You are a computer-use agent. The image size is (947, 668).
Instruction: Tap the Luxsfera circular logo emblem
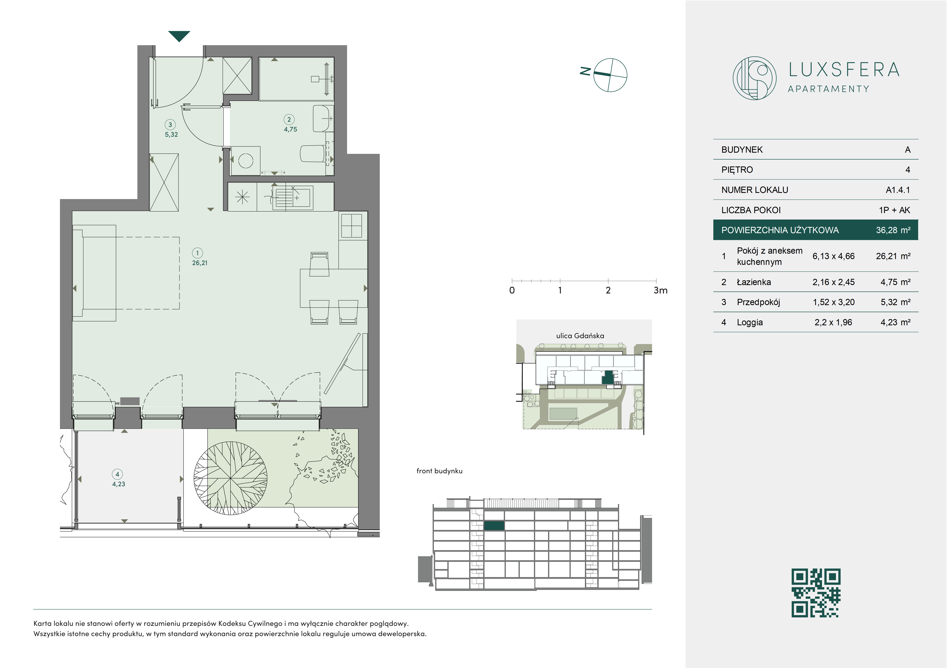click(754, 78)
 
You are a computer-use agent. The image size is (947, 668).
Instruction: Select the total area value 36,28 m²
click(893, 230)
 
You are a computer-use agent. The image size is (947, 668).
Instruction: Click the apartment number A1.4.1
click(898, 190)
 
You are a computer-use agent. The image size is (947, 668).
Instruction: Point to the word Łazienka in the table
click(754, 282)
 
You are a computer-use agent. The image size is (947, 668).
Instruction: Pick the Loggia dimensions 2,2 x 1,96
click(833, 322)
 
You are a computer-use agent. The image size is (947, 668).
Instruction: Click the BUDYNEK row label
click(742, 150)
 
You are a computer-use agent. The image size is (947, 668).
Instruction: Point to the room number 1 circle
click(198, 253)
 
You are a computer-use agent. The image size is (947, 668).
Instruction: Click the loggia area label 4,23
click(119, 484)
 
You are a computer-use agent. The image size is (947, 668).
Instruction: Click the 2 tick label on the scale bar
click(608, 290)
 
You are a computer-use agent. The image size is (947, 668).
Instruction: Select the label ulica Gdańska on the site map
click(580, 336)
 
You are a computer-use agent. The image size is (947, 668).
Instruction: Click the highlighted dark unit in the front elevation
click(494, 526)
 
